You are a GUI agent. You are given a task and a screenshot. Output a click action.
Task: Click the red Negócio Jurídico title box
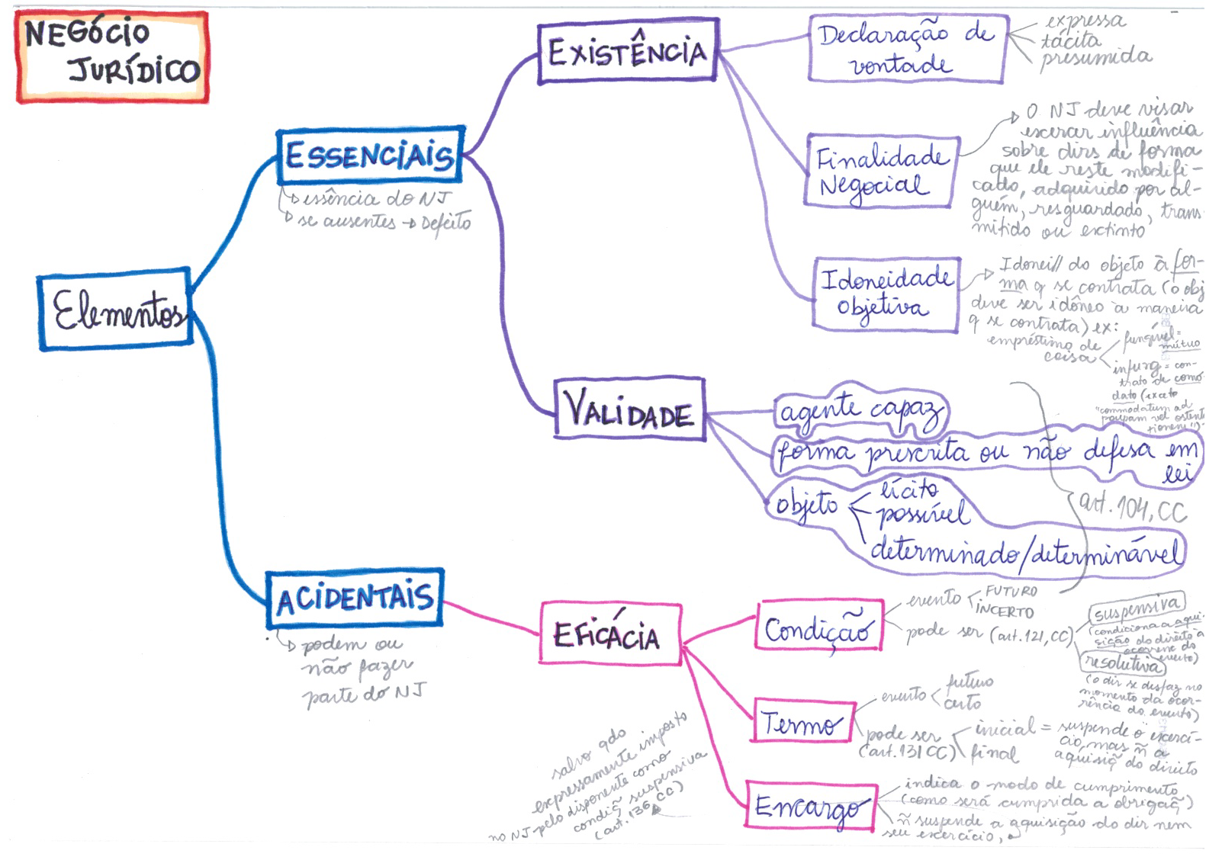112,57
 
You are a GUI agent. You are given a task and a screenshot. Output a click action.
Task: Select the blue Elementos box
115,310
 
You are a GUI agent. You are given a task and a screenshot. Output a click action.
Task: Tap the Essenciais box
370,156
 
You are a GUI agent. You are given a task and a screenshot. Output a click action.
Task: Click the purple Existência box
627,52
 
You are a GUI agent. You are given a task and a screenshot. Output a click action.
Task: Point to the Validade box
629,409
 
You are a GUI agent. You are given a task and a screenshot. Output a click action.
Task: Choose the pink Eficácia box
610,634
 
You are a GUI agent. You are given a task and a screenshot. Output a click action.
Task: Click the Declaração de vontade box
906,49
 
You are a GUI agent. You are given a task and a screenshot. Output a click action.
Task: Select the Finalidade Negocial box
881,172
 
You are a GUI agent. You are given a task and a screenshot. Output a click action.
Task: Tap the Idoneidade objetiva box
886,294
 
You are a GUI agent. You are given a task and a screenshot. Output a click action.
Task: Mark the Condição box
819,626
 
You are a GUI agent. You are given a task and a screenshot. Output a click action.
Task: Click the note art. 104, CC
1133,508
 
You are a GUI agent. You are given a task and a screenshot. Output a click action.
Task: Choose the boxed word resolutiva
1124,663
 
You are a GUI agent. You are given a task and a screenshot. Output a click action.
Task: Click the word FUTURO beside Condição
1011,591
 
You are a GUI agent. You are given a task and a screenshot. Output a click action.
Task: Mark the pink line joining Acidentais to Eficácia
492,618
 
